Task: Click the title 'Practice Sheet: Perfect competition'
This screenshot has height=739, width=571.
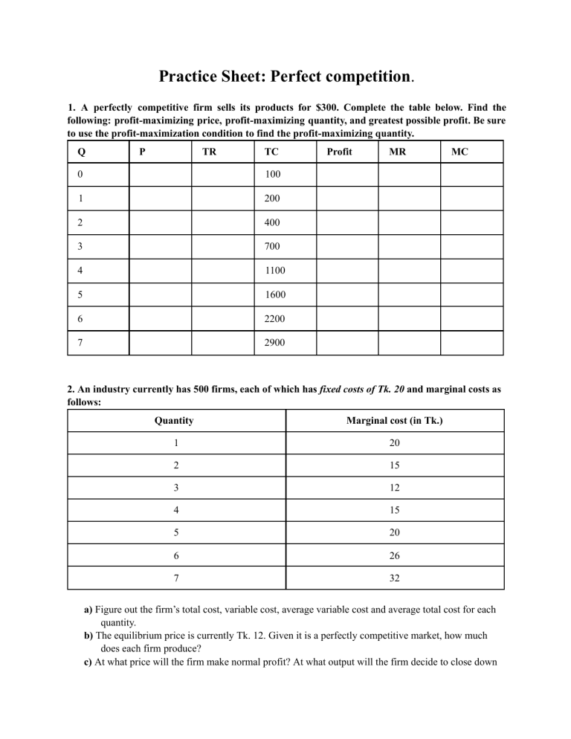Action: point(285,77)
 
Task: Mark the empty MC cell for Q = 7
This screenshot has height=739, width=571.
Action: point(471,343)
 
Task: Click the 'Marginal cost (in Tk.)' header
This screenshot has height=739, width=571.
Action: point(395,420)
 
